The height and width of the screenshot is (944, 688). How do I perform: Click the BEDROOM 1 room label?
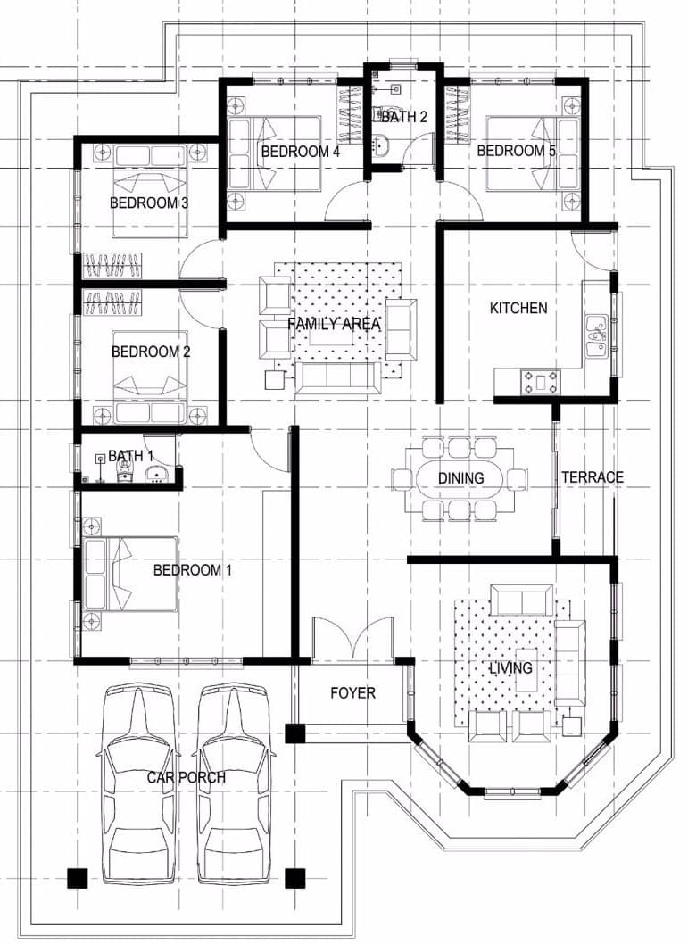click(192, 569)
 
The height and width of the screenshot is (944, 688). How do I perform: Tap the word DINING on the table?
click(460, 478)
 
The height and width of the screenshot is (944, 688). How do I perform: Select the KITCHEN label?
click(518, 308)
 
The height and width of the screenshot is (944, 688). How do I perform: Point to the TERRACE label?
click(593, 477)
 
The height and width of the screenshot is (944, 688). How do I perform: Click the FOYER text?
click(352, 693)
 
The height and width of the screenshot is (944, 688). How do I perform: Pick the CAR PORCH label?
click(186, 777)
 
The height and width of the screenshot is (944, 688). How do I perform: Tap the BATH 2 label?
click(404, 116)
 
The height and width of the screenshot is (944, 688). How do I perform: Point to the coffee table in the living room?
click(526, 669)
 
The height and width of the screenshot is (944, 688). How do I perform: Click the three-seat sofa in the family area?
click(338, 377)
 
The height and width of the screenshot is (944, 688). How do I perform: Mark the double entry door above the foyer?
click(352, 639)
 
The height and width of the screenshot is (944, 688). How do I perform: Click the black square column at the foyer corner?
click(295, 733)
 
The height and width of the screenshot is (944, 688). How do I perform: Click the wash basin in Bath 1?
click(156, 474)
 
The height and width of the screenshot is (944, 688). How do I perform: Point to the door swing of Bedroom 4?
click(344, 200)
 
